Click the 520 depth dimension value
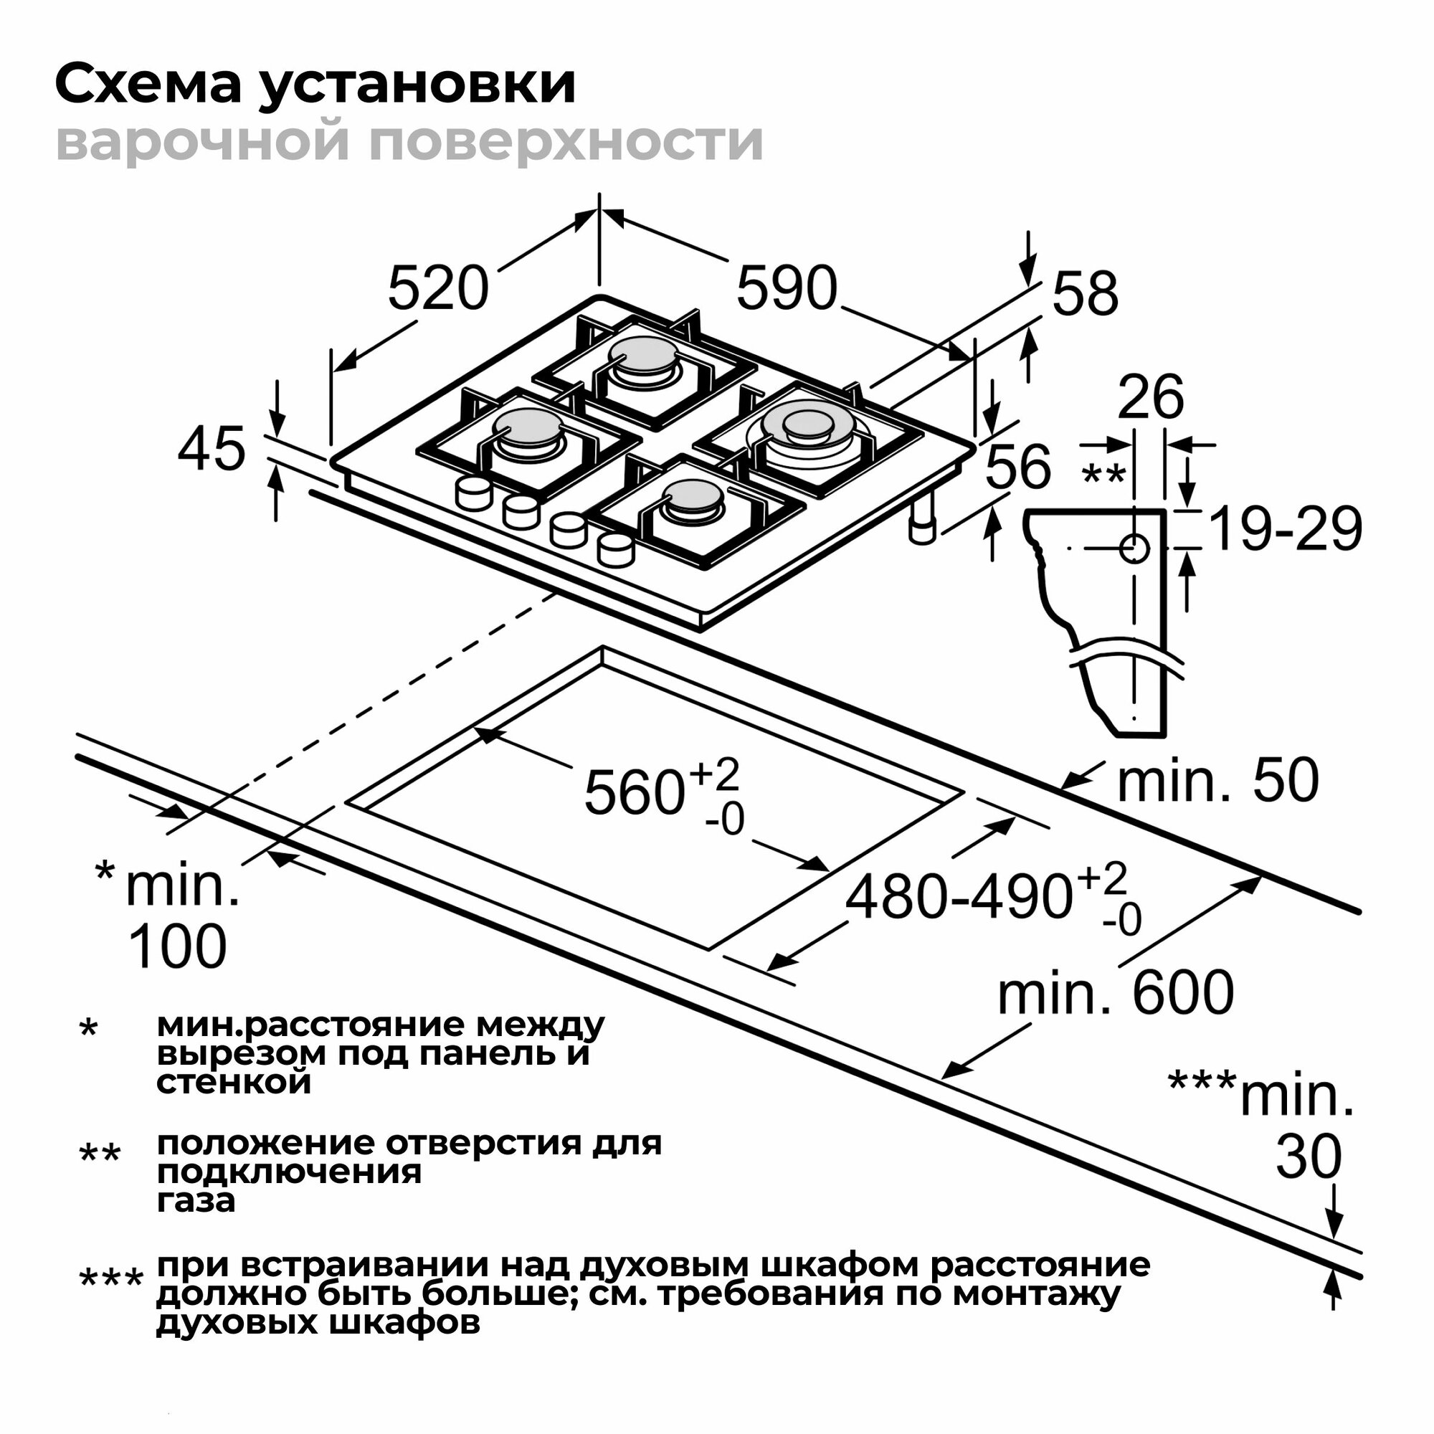[438, 288]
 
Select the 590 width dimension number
[786, 288]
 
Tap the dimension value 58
[1084, 294]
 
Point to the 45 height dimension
[211, 449]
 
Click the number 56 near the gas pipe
[1017, 466]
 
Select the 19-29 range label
[1286, 530]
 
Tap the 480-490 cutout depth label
[959, 898]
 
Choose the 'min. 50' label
[1218, 781]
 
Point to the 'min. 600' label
[1116, 994]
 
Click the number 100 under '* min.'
[177, 946]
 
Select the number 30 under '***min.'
[1309, 1157]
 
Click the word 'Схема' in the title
[148, 85]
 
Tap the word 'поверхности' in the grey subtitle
[566, 141]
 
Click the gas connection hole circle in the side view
[1134, 549]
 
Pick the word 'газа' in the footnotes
[196, 1200]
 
